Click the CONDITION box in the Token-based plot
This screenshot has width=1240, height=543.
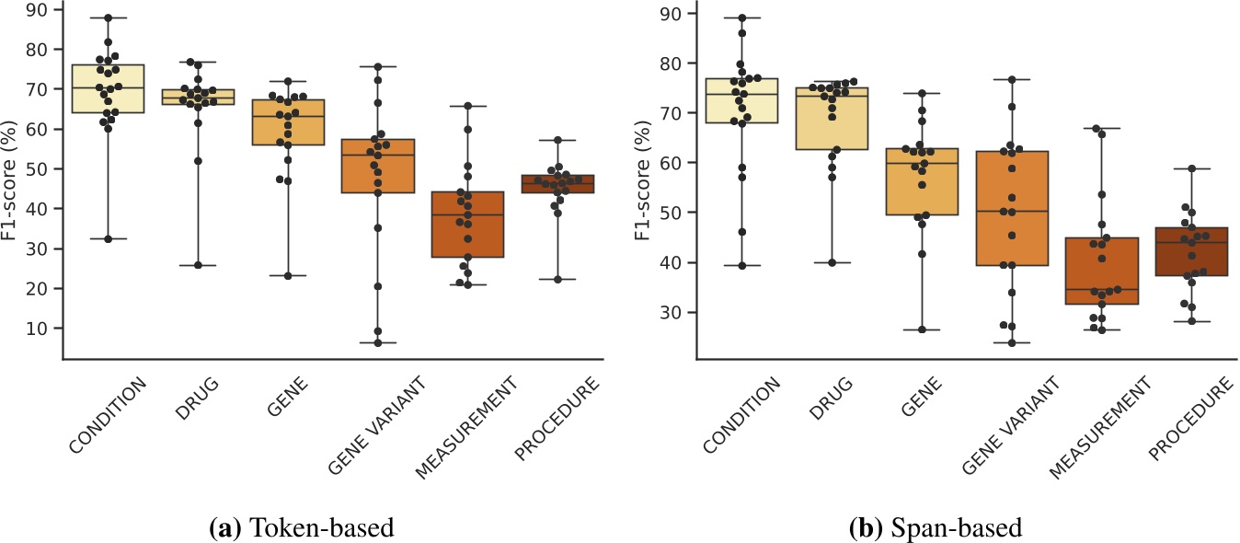[x=107, y=89]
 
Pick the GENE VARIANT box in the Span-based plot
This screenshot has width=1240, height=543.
[x=1012, y=208]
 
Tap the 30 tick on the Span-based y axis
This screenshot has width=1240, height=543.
[x=674, y=312]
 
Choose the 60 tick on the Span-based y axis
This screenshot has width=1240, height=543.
[x=674, y=163]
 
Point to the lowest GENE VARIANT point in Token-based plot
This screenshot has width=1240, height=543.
[x=377, y=343]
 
